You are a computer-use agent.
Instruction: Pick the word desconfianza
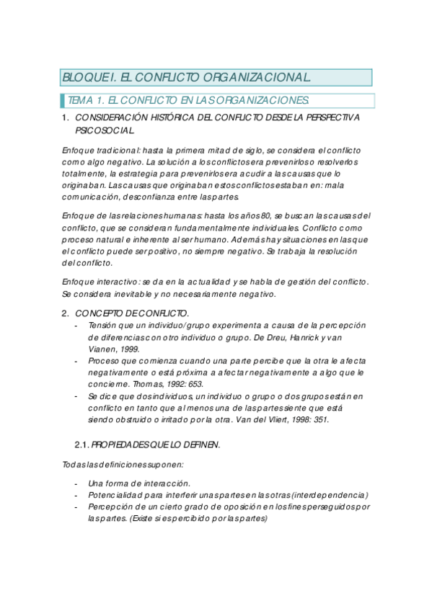pos(158,196)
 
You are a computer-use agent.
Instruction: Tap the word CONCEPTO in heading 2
pos(100,313)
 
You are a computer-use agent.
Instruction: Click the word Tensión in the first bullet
pos(104,325)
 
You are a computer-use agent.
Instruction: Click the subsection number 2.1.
pos(81,445)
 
